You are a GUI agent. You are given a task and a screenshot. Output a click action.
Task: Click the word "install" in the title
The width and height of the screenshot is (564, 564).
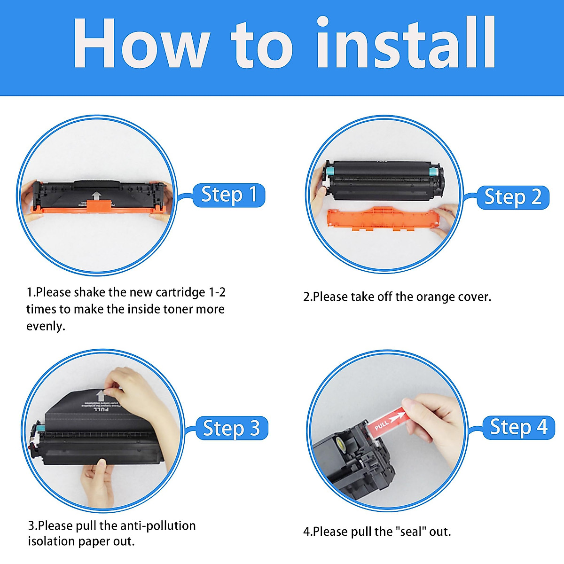click(x=406, y=43)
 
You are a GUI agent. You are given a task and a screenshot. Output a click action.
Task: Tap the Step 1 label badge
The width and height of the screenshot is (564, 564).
click(x=229, y=195)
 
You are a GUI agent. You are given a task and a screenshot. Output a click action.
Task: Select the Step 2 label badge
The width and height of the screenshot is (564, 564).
click(x=513, y=197)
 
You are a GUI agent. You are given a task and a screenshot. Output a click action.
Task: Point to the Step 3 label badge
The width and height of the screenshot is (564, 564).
click(x=231, y=428)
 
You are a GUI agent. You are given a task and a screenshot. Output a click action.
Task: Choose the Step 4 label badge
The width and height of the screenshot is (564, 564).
click(x=518, y=427)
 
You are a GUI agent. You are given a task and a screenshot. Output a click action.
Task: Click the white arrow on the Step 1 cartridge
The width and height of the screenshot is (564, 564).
click(x=96, y=196)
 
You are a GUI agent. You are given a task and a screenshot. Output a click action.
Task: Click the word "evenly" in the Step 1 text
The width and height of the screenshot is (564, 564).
click(x=45, y=326)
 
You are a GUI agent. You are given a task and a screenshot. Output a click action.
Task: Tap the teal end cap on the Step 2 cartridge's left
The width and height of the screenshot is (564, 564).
click(x=329, y=170)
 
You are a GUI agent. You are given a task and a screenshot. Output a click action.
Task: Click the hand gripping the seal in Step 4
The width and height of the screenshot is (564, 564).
click(x=435, y=418)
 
